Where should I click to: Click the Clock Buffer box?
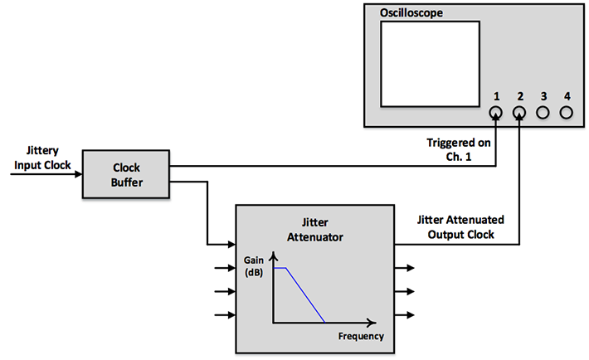(126, 174)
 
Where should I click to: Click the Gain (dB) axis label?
(255, 266)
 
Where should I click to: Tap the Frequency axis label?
(361, 336)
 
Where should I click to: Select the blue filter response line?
(304, 294)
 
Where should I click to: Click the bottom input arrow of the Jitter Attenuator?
(225, 315)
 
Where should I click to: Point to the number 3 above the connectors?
(543, 96)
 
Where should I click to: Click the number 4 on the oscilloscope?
(567, 96)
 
